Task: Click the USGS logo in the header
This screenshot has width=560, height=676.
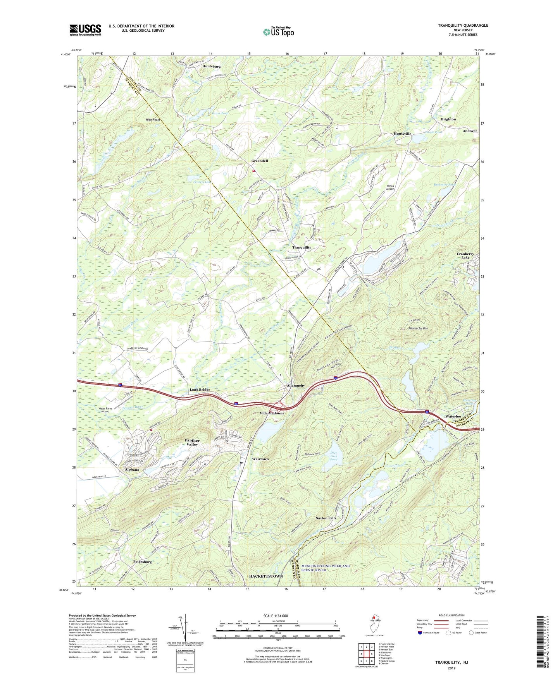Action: pyautogui.click(x=85, y=30)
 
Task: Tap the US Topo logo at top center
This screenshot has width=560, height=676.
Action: pyautogui.click(x=278, y=32)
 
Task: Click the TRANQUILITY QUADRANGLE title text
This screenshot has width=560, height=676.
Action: pyautogui.click(x=463, y=26)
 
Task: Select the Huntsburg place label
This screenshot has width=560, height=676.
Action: pyautogui.click(x=211, y=67)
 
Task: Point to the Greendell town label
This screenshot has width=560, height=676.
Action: pyautogui.click(x=259, y=161)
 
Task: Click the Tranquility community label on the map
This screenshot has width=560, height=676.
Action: pyautogui.click(x=302, y=247)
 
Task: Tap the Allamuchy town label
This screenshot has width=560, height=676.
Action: pyautogui.click(x=295, y=386)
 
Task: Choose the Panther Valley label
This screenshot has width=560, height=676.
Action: pyautogui.click(x=192, y=442)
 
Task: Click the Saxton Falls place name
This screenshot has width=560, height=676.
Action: pyautogui.click(x=326, y=518)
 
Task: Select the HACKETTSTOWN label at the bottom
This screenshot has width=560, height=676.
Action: pyautogui.click(x=265, y=576)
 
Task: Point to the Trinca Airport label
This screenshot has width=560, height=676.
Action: pyautogui.click(x=390, y=187)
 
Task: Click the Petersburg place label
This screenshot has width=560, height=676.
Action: pyautogui.click(x=142, y=561)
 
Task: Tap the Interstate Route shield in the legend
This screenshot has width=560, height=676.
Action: pyautogui.click(x=420, y=633)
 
